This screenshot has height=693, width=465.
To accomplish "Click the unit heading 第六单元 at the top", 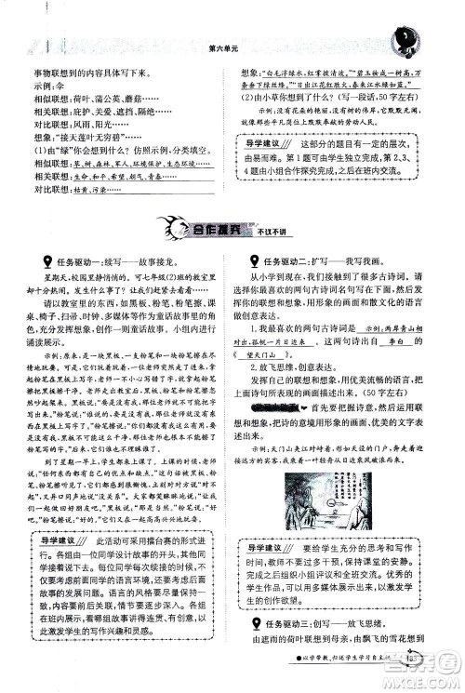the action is pyautogui.click(x=227, y=47).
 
